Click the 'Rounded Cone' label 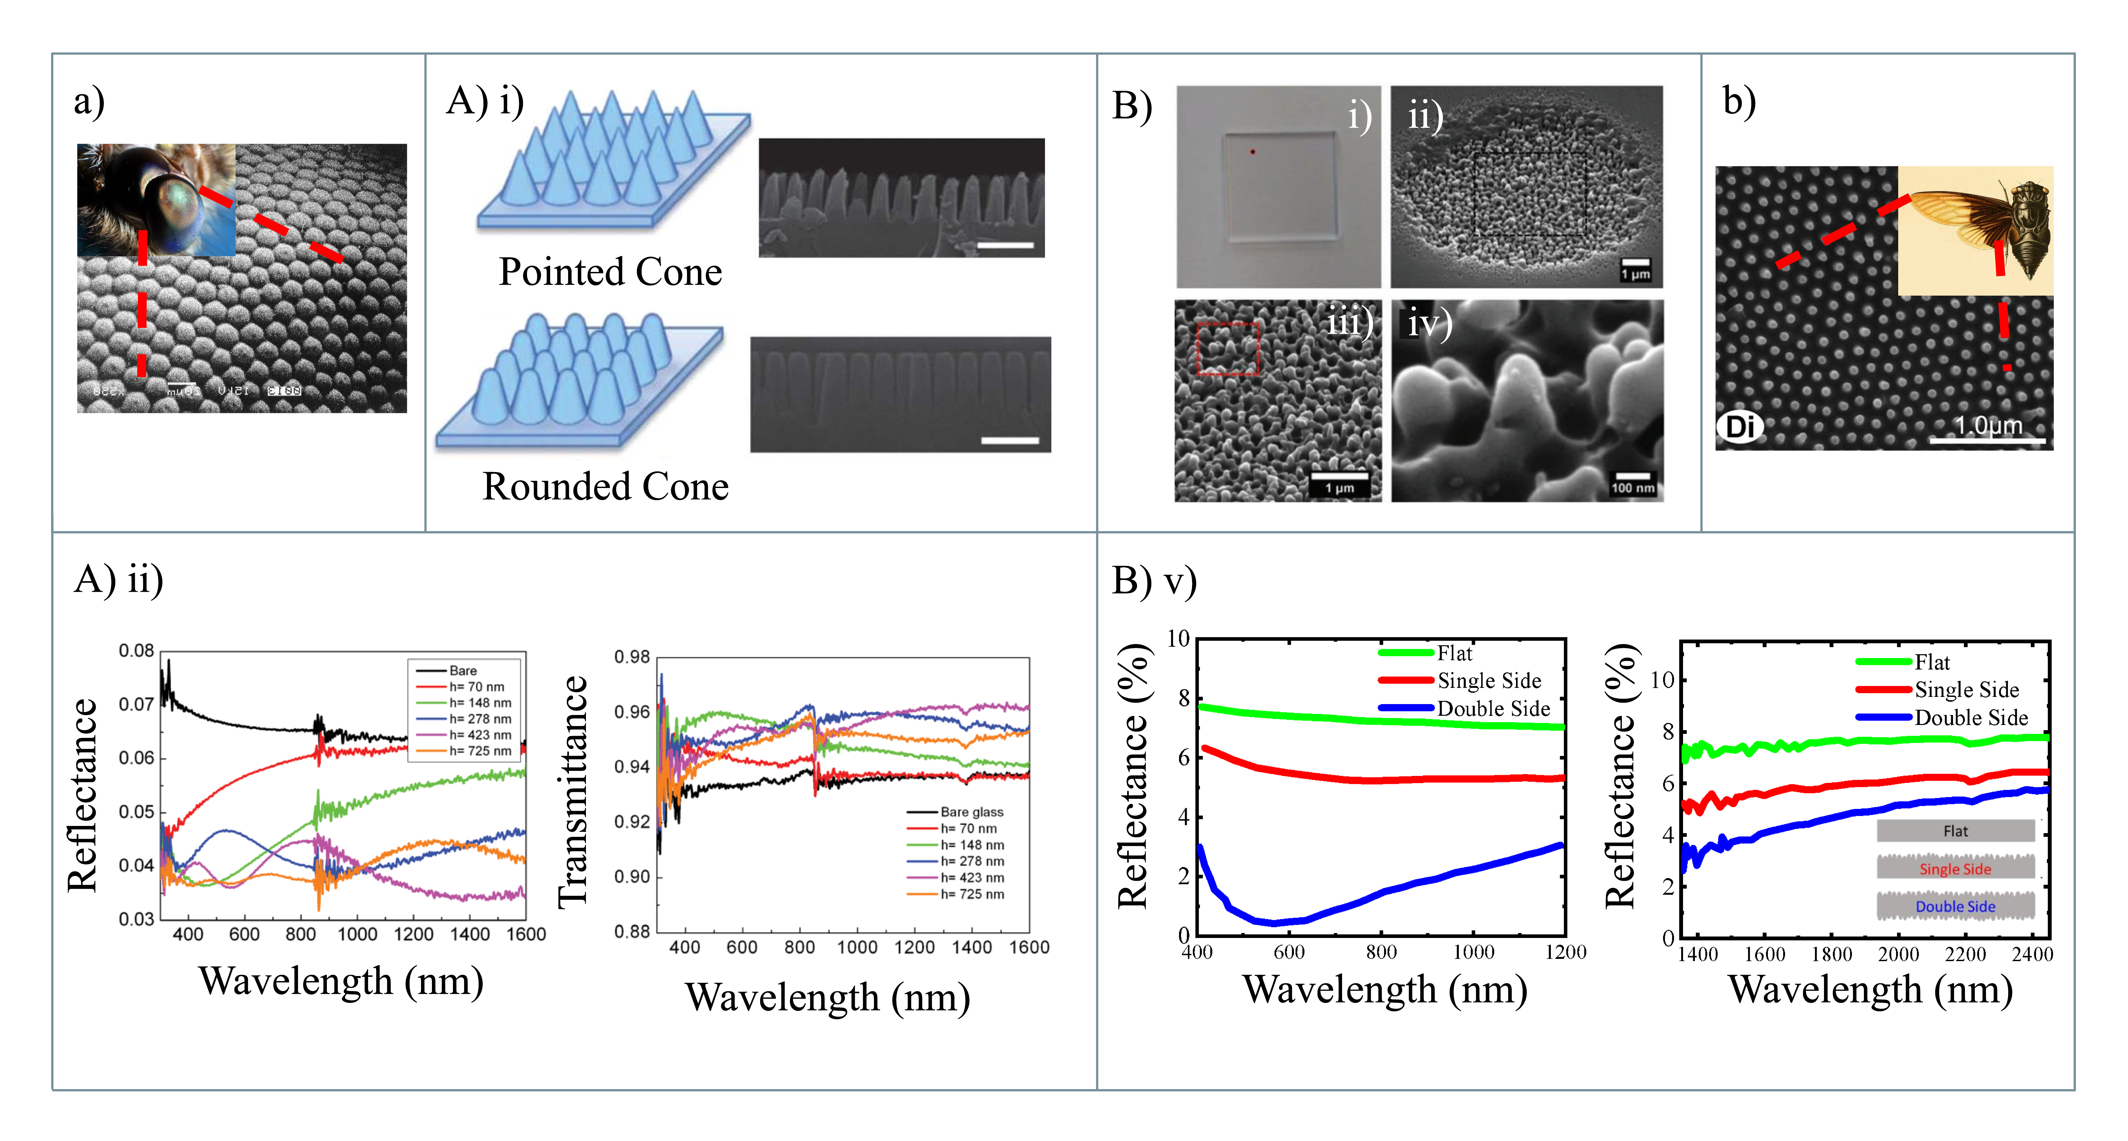pyautogui.click(x=606, y=487)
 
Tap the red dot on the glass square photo pyautogui.click(x=1252, y=152)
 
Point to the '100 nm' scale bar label pyautogui.click(x=1632, y=487)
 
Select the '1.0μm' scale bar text pyautogui.click(x=1988, y=425)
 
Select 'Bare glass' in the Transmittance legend pyautogui.click(x=972, y=812)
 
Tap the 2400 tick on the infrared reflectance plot pyautogui.click(x=2031, y=955)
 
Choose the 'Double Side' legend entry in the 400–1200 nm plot pyautogui.click(x=1493, y=709)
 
